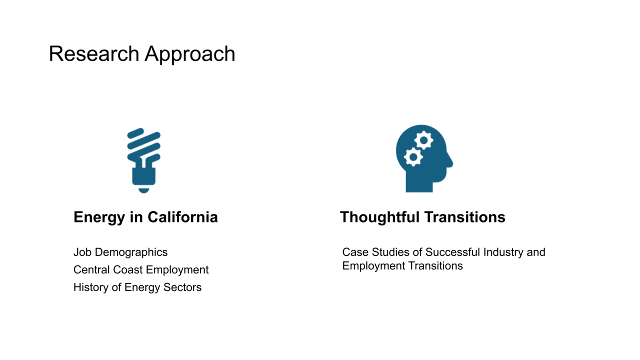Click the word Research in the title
click(x=94, y=53)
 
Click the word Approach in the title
click(x=190, y=55)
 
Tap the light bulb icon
click(x=143, y=160)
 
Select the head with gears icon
click(x=424, y=158)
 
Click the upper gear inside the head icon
click(x=423, y=140)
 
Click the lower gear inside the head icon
click(x=413, y=157)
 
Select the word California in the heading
click(x=182, y=217)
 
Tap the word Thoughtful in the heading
click(x=379, y=217)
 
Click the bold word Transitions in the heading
click(x=465, y=217)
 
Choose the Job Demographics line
click(x=120, y=252)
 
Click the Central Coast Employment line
click(x=141, y=270)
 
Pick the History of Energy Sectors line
click(x=137, y=287)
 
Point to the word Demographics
click(x=131, y=252)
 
